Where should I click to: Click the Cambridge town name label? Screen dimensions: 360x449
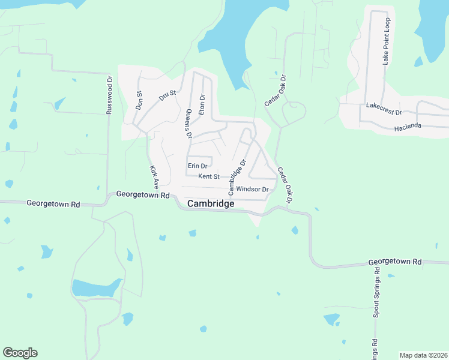211,204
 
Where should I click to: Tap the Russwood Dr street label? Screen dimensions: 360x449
109,94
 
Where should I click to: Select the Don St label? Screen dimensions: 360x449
139,99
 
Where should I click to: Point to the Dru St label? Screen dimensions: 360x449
167,95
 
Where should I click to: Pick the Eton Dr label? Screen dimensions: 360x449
202,104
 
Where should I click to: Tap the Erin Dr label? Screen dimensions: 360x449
197,166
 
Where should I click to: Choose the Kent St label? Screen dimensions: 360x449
209,176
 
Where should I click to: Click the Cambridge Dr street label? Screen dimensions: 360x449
237,176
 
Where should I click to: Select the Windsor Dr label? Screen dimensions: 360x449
252,189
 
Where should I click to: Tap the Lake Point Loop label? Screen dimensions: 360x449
387,41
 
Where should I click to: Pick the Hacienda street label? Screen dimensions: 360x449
409,128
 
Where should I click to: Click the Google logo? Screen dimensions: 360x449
20,353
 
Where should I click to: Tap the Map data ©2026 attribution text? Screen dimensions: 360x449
424,355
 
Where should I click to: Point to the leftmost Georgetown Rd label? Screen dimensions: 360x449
53,204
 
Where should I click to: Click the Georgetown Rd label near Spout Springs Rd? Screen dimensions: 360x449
395,262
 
